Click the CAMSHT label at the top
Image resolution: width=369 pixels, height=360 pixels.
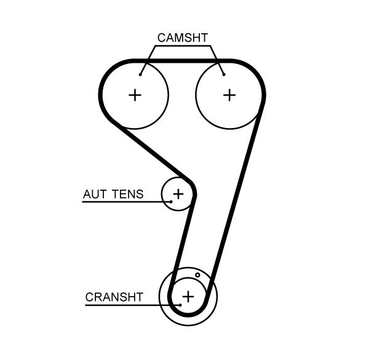tap(183, 38)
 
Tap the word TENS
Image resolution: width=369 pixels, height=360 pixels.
tap(128, 194)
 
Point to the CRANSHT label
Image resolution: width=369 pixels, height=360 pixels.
tap(114, 297)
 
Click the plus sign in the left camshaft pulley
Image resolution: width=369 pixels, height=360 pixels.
tap(135, 95)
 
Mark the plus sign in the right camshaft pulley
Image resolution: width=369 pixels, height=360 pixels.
tap(229, 95)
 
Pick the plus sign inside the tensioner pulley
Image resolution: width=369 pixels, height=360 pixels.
tap(178, 194)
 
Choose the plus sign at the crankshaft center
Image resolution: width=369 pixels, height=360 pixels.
tap(188, 297)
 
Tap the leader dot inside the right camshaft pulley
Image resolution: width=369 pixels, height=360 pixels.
tap(224, 74)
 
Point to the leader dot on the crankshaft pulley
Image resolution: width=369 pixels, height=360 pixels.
tap(179, 304)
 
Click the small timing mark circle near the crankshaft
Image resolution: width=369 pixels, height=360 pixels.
tap(197, 275)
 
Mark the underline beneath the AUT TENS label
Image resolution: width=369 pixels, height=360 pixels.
tap(123, 202)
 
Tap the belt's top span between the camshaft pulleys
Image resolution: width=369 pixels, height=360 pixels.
tap(182, 61)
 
